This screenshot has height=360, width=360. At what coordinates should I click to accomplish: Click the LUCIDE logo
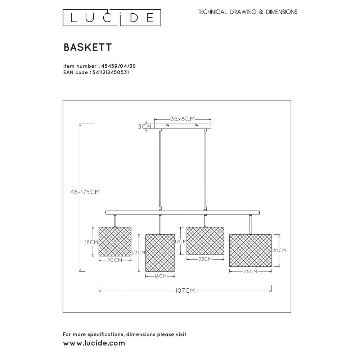(112, 18)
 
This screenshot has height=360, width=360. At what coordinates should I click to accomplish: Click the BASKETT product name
(88, 47)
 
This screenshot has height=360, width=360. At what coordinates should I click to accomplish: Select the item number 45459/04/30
(118, 66)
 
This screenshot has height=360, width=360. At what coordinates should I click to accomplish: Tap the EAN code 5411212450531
(111, 72)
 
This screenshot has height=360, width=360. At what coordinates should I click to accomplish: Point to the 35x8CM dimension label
(183, 119)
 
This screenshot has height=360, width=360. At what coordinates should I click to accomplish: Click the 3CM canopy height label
(145, 126)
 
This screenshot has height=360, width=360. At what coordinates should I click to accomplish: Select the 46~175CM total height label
(85, 192)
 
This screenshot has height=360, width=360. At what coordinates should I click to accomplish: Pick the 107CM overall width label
(185, 291)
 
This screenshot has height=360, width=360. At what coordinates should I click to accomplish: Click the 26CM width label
(250, 271)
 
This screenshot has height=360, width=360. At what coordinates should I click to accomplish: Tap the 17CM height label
(181, 242)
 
